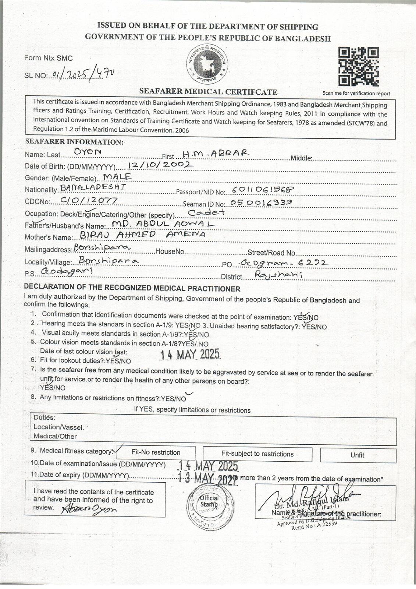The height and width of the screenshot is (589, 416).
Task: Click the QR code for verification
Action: click(358, 67)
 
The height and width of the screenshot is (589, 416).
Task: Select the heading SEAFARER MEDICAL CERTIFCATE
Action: click(208, 92)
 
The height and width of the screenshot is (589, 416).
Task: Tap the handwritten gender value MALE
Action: click(117, 177)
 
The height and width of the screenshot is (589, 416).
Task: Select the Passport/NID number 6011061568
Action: click(263, 190)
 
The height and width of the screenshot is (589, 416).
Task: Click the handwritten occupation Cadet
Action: click(206, 212)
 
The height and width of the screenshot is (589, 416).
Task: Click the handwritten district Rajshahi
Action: click(273, 275)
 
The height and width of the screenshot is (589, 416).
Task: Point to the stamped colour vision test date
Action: click(190, 355)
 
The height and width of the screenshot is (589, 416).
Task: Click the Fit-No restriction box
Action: click(156, 453)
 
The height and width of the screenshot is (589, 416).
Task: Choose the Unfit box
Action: click(358, 455)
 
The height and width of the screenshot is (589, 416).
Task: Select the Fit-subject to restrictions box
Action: click(257, 454)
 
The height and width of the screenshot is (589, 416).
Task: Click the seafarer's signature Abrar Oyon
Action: click(90, 509)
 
